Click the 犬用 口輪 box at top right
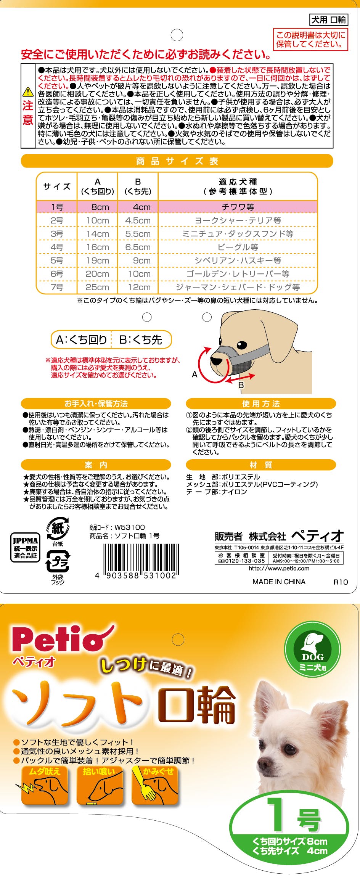point(328,19)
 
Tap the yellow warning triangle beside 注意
point(28,92)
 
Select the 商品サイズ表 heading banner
point(177,161)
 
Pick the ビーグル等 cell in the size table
point(238,247)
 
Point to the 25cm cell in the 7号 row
point(97,287)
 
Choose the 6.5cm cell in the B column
point(138,247)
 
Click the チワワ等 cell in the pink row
point(238,207)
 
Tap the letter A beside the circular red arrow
point(194,375)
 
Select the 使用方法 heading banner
point(261,403)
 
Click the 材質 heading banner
point(261,465)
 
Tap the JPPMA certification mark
point(25,547)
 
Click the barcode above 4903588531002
point(141,558)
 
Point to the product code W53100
point(130,527)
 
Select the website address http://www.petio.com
point(279,568)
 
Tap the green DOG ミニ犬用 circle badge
point(312,649)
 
